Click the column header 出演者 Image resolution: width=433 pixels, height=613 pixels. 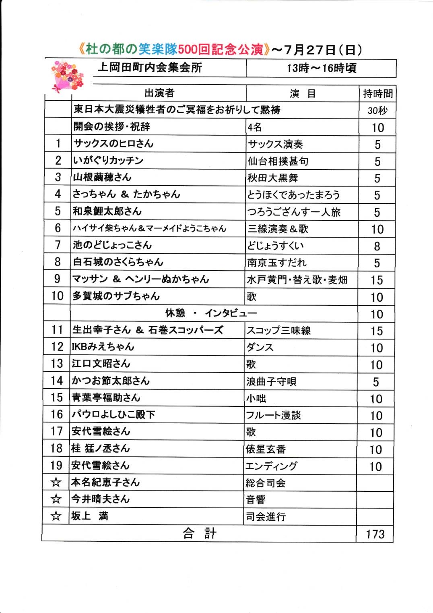click(159, 93)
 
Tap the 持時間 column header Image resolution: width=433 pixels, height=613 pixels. click(377, 94)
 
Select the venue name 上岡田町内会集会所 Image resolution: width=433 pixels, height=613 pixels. click(150, 68)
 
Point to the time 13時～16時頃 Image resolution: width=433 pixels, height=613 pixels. click(321, 68)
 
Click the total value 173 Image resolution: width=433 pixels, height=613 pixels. click(375, 534)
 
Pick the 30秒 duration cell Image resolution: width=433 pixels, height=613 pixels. click(377, 111)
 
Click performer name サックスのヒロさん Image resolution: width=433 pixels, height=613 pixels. click(113, 143)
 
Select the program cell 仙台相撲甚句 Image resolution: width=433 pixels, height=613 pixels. click(278, 162)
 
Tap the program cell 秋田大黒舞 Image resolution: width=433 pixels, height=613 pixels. click(273, 178)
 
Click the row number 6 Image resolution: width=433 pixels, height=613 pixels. click(58, 228)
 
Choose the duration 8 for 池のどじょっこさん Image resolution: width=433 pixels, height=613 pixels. click(377, 246)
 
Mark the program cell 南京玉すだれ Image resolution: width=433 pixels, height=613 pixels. click(277, 263)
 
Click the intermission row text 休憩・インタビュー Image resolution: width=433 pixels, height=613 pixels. click(211, 313)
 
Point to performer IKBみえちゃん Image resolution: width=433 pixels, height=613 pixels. click(103, 347)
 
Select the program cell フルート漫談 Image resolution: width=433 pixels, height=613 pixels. click(273, 415)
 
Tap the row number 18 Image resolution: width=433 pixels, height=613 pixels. click(57, 448)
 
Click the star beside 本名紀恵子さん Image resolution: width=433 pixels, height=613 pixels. click(56, 482)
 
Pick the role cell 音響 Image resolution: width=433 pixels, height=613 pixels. click(256, 500)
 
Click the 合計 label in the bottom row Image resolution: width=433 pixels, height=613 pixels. click(199, 534)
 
